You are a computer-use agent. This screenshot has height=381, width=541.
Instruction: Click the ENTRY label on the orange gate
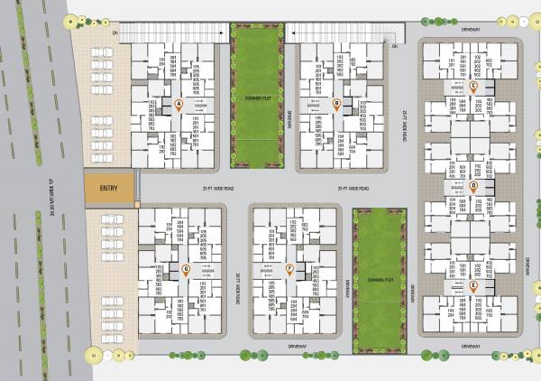108,188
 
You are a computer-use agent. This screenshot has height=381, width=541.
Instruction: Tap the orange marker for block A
179,105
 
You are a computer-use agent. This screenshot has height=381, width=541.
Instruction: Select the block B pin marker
336,105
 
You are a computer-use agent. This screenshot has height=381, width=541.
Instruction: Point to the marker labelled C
473,86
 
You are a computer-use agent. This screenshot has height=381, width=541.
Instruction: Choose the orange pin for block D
473,187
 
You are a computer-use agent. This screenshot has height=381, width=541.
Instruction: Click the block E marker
473,286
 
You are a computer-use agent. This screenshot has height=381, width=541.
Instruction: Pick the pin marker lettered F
289,269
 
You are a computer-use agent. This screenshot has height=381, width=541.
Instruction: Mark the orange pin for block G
186,269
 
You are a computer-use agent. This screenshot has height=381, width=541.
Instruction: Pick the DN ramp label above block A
116,33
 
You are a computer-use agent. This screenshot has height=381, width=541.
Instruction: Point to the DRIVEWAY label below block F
298,345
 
